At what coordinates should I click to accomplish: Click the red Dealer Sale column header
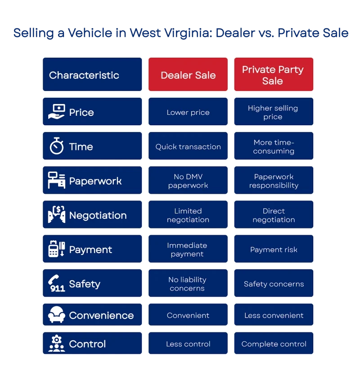188,75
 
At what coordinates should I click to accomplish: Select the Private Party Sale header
273,75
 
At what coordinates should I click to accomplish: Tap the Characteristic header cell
92,75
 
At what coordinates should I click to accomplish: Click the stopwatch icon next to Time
57,146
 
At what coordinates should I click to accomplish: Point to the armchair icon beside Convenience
57,315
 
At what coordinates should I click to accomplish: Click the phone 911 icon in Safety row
57,284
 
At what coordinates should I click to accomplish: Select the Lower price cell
188,112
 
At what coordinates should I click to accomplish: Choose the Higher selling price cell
273,112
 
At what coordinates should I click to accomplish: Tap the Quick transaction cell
188,146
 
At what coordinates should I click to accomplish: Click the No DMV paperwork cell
188,181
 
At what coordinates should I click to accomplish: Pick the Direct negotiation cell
273,215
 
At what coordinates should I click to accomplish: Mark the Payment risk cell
273,250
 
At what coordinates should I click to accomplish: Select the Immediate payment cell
188,250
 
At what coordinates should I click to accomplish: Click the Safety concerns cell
273,284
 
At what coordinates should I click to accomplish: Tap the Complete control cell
273,344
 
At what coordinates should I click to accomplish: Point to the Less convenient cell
273,315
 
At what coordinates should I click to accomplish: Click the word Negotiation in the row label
98,215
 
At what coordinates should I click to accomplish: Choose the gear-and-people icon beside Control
57,344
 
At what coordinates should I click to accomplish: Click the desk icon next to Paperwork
57,181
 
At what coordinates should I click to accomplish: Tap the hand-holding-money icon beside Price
57,112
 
